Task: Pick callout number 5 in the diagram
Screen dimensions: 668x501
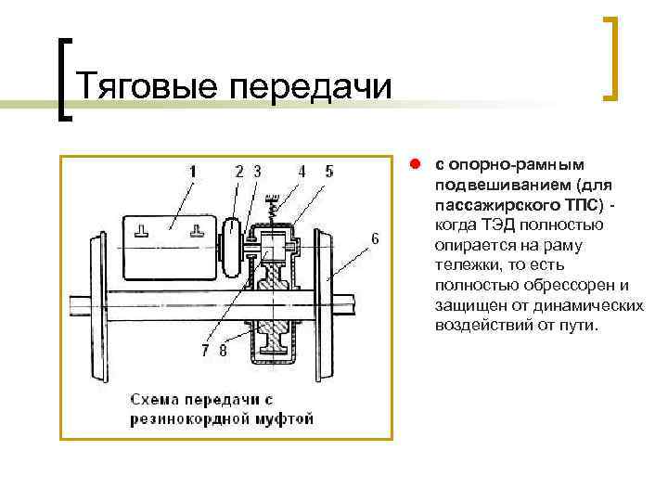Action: pos(329,171)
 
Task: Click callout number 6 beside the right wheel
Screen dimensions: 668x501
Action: pos(375,238)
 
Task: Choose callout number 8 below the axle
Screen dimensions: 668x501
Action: pos(223,351)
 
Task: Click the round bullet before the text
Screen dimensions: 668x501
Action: pos(417,163)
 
